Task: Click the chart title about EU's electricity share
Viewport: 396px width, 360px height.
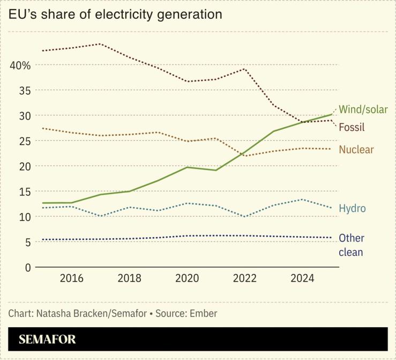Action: pos(115,14)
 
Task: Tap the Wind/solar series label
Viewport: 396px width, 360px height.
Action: pos(363,111)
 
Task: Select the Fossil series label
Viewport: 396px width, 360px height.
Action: pos(352,127)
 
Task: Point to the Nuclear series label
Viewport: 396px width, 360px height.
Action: pos(356,150)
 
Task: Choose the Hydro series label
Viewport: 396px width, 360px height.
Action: pos(352,208)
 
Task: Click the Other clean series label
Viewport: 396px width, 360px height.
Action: pos(352,245)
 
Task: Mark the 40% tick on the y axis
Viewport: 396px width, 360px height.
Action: pos(20,65)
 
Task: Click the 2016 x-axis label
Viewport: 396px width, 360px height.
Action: pos(71,278)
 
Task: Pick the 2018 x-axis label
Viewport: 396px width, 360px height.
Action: pos(129,278)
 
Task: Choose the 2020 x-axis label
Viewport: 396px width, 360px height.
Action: pos(187,278)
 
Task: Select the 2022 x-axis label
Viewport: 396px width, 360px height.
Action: pos(244,278)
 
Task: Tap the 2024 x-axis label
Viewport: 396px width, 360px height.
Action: pos(302,278)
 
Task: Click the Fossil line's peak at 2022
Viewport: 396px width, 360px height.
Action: pos(244,69)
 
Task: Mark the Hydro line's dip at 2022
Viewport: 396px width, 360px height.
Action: pos(244,216)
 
